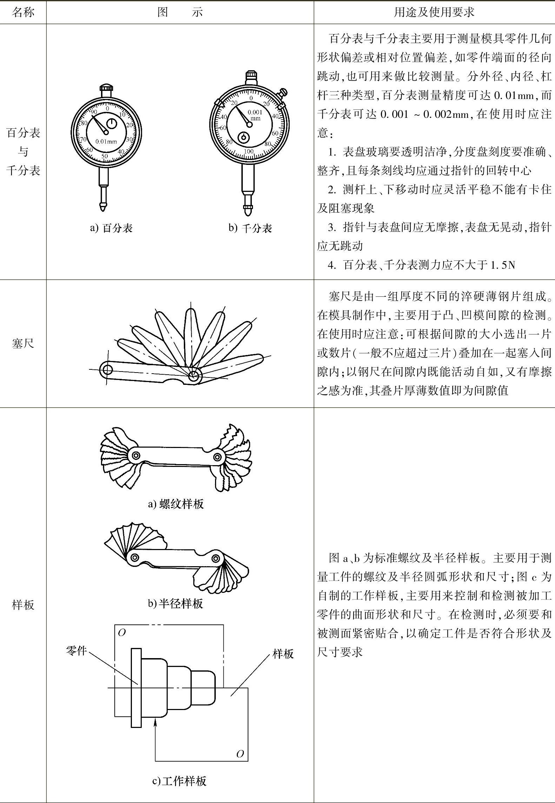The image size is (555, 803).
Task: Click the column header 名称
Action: tap(23, 12)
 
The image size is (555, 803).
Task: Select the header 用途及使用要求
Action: tap(434, 12)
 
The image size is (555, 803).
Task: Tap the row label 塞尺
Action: tap(23, 343)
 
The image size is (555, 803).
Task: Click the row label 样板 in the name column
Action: tap(23, 605)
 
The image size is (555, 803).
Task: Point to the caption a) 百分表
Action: tap(111, 228)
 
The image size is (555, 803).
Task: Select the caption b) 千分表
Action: tap(250, 228)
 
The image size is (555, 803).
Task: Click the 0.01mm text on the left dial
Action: tap(106, 142)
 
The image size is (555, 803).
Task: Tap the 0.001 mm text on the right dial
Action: tap(255, 115)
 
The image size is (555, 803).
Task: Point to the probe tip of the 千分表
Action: tap(248, 212)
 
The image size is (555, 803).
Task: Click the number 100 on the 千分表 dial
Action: tap(248, 152)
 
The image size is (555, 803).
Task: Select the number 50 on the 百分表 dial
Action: tap(105, 156)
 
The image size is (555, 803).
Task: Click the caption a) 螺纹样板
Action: tap(176, 504)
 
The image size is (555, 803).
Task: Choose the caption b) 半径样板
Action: tap(175, 603)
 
